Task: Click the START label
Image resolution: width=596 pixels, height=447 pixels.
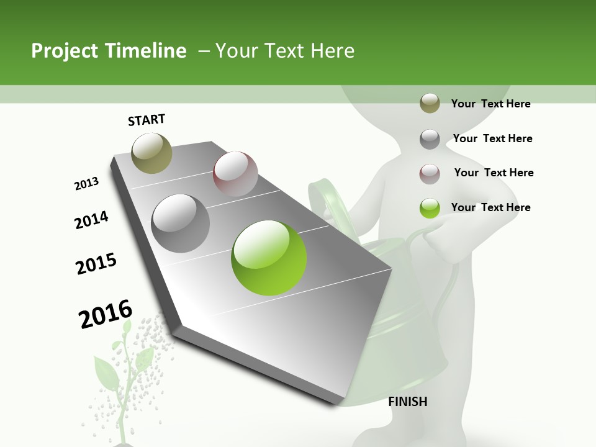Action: pos(147,120)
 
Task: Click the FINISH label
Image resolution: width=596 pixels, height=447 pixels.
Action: pos(407,402)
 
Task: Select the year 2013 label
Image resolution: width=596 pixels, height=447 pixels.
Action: pos(86,183)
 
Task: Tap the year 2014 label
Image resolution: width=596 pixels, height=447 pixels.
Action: pos(91,220)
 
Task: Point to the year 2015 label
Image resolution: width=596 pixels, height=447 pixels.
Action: pos(96,264)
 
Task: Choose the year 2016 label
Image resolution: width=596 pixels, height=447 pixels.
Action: pos(106,314)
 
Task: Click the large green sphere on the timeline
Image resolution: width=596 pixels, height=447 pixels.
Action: pos(269,258)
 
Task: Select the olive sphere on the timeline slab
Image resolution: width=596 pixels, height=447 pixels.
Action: pos(151,153)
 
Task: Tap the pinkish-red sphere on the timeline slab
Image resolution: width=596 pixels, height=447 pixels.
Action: pos(235,174)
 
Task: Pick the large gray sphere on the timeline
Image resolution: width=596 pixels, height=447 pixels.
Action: pos(181,223)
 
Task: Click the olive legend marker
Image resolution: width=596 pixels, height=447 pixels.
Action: pos(430,104)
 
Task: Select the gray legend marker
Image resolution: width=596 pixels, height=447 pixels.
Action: pos(430,139)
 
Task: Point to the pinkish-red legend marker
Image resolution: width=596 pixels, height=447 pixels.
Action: pos(430,174)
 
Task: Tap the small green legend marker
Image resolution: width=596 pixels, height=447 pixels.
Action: pos(430,208)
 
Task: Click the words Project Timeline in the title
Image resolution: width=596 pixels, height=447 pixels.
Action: pos(109,51)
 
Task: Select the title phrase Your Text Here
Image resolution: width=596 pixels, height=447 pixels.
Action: pos(285,51)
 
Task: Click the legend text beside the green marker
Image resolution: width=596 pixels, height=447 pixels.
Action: pos(490,207)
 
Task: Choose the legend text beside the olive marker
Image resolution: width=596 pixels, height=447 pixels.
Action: pos(490,104)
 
